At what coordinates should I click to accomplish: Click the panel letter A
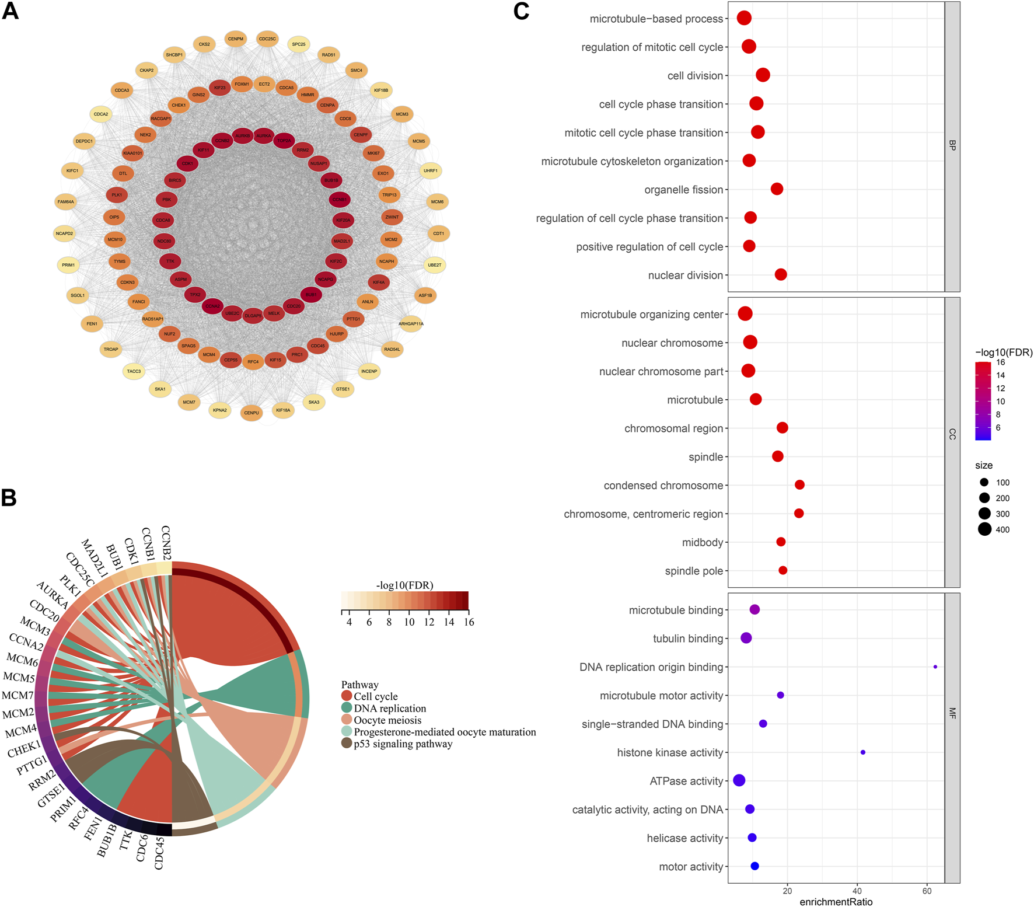tap(11, 11)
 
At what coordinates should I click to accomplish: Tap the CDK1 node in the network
tap(187, 163)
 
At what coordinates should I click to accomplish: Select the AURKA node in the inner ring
tap(264, 136)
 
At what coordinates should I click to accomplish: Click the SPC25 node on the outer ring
tap(299, 44)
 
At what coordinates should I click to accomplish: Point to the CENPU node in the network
tap(251, 413)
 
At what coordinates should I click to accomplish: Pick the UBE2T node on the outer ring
tap(435, 265)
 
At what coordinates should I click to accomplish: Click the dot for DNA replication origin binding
tap(935, 667)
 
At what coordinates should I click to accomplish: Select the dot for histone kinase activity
tap(863, 752)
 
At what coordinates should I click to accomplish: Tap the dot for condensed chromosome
tap(800, 485)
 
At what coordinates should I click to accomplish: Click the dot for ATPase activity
tap(739, 780)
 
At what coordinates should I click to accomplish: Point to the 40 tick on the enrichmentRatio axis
tap(857, 891)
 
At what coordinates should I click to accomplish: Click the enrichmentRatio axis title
tap(836, 902)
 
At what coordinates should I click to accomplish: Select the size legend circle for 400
tap(985, 529)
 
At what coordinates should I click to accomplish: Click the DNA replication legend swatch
tap(347, 708)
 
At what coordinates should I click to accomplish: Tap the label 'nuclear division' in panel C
tap(685, 275)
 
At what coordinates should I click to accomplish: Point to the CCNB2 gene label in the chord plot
tap(166, 542)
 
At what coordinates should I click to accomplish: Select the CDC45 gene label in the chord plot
tap(159, 853)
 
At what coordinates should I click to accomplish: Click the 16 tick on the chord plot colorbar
tap(469, 622)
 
